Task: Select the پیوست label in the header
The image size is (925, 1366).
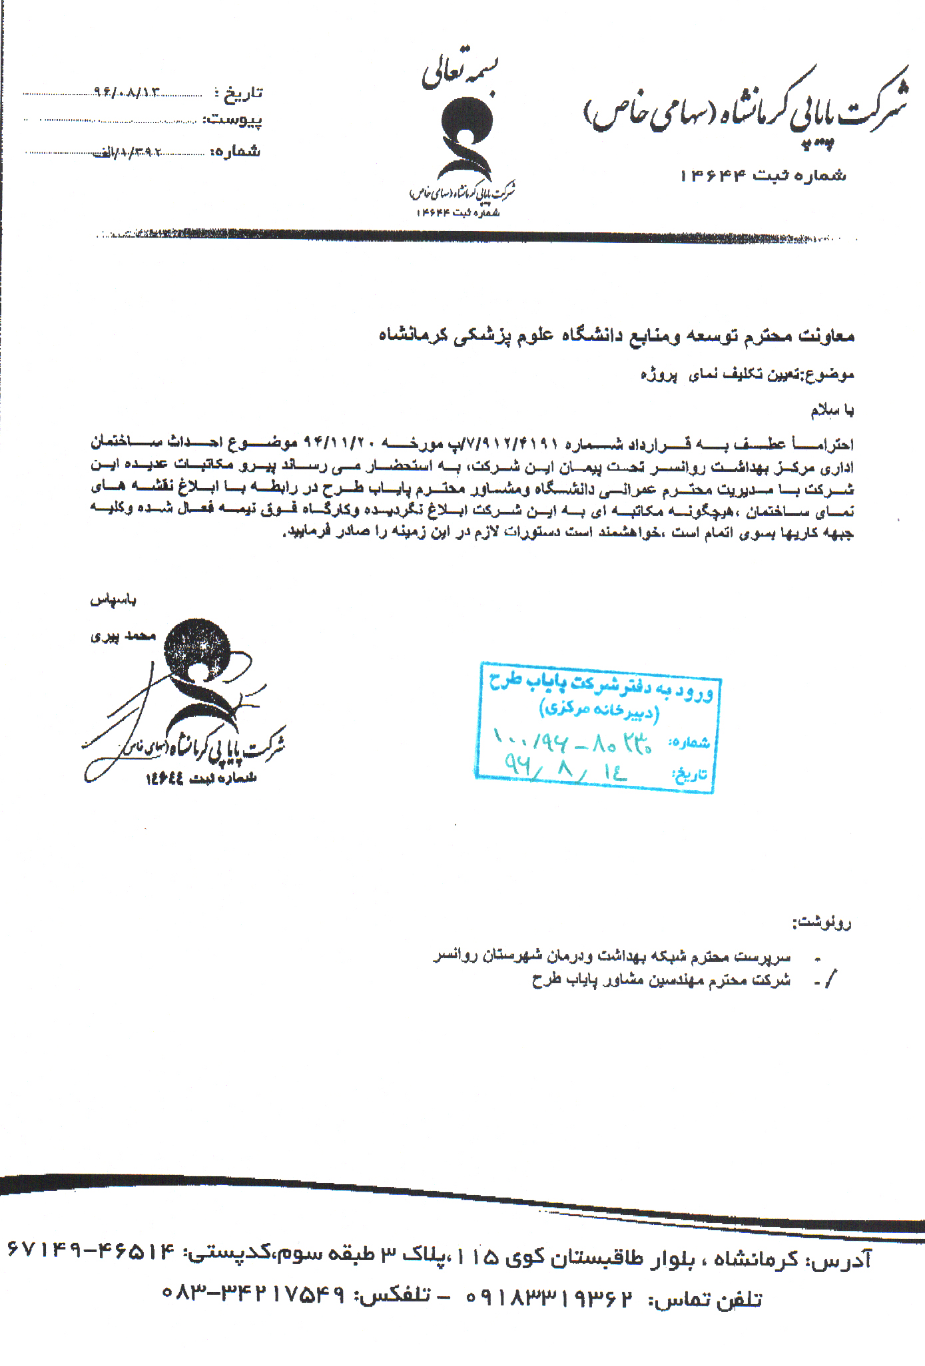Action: point(232,120)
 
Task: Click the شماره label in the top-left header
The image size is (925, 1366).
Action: point(235,152)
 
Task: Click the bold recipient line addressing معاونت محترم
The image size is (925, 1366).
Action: point(616,335)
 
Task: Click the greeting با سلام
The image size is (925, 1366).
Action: point(832,411)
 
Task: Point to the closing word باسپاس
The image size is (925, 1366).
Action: point(113,600)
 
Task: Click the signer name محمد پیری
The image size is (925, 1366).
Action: point(123,636)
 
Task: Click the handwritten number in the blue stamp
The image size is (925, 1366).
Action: point(573,740)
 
